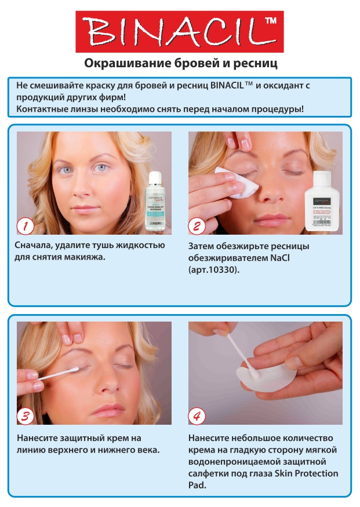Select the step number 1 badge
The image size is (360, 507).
pyautogui.click(x=25, y=225)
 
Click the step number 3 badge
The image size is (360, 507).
pyautogui.click(x=25, y=415)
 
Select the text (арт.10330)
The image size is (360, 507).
pyautogui.click(x=213, y=270)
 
